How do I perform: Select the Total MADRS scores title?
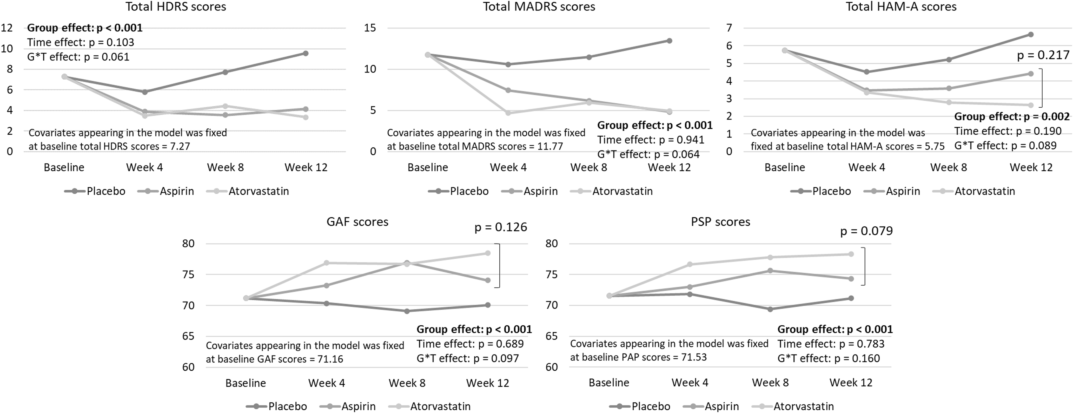[539, 7]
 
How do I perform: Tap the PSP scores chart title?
[721, 222]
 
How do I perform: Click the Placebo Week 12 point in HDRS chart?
[306, 53]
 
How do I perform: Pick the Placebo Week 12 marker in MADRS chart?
[669, 41]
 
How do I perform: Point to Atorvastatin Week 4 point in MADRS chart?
[508, 113]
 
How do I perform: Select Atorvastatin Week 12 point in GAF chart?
[487, 253]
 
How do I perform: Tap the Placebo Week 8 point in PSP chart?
[770, 309]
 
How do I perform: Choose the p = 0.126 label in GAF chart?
[501, 227]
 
